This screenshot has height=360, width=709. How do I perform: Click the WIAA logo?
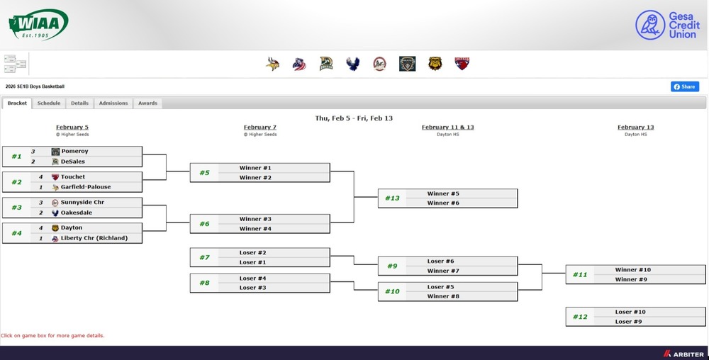pyautogui.click(x=38, y=25)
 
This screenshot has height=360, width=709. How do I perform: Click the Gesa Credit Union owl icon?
pyautogui.click(x=650, y=25)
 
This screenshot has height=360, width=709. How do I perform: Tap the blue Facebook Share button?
pyautogui.click(x=685, y=86)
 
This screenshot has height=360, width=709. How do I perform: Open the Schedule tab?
pyautogui.click(x=49, y=103)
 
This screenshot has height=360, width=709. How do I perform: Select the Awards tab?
pyautogui.click(x=147, y=103)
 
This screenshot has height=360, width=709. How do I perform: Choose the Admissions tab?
pyautogui.click(x=113, y=103)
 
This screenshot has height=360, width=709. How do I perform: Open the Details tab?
pyautogui.click(x=79, y=103)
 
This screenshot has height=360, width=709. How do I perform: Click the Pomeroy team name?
pyautogui.click(x=74, y=152)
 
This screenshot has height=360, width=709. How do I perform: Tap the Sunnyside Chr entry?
pyautogui.click(x=83, y=203)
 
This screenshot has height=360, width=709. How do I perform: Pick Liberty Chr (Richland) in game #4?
pyautogui.click(x=94, y=238)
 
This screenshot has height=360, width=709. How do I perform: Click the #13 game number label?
pyautogui.click(x=392, y=198)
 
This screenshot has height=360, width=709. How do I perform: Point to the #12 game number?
pyautogui.click(x=580, y=317)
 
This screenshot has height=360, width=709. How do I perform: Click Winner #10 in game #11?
pyautogui.click(x=633, y=270)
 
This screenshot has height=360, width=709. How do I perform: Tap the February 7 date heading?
pyautogui.click(x=260, y=128)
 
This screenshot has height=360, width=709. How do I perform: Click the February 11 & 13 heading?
pyautogui.click(x=447, y=128)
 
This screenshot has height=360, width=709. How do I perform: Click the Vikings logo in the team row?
pyautogui.click(x=272, y=64)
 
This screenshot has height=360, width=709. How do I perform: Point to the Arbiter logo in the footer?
pyautogui.click(x=683, y=354)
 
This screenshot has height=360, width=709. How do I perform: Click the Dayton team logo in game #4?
pyautogui.click(x=55, y=228)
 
